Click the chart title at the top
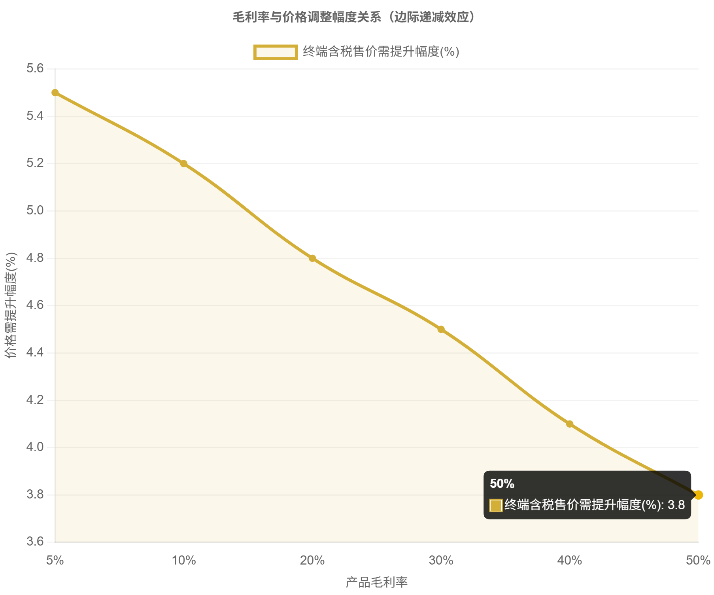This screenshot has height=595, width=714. (x=353, y=17)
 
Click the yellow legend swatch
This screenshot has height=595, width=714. (x=275, y=52)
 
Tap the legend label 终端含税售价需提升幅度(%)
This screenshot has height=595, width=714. (x=381, y=52)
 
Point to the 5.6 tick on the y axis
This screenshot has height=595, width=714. (x=35, y=69)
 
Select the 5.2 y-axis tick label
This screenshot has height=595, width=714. (x=35, y=163)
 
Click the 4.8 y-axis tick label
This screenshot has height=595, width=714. (x=35, y=258)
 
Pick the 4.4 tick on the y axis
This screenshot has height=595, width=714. (x=35, y=353)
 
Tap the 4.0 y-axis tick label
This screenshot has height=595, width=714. (x=35, y=447)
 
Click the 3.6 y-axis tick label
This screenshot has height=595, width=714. (x=35, y=542)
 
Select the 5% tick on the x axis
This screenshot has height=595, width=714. (x=55, y=560)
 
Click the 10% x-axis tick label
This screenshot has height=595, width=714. (x=184, y=560)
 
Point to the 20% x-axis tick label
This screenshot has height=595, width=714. (x=312, y=560)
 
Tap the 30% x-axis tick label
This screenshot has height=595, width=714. (x=441, y=560)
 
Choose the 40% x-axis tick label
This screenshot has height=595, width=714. (x=570, y=560)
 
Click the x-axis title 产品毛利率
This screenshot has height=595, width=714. (x=376, y=582)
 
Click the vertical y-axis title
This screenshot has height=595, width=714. (x=11, y=305)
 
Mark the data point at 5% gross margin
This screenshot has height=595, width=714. (x=55, y=93)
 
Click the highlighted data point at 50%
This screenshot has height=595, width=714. (x=699, y=495)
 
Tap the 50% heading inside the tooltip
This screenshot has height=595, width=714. (x=502, y=483)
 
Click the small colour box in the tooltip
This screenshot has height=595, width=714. (x=496, y=505)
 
